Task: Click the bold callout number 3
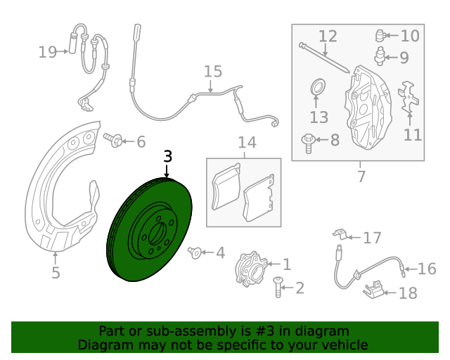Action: [167, 157]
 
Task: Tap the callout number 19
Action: [48, 52]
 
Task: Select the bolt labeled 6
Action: [112, 139]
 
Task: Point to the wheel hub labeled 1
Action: [250, 269]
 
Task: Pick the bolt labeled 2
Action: [278, 287]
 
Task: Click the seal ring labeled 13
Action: [318, 86]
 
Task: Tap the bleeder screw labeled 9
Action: [380, 56]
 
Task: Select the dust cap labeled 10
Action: [380, 36]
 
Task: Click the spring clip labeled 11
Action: [408, 98]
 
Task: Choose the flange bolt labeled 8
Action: [308, 143]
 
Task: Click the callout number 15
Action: [213, 72]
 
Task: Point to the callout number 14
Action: [247, 143]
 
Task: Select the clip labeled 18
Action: [374, 290]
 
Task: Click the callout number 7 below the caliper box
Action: [361, 176]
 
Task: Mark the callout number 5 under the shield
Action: [56, 272]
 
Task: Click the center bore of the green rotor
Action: [157, 233]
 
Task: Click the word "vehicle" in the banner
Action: [347, 345]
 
